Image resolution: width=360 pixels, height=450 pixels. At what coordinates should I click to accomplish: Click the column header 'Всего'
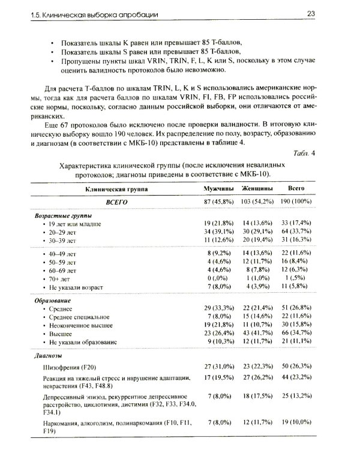pyautogui.click(x=295, y=188)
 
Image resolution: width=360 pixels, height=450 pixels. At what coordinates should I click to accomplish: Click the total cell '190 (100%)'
pyautogui.click(x=296, y=202)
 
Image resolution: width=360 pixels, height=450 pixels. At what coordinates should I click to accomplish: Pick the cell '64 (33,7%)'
pyautogui.click(x=296, y=230)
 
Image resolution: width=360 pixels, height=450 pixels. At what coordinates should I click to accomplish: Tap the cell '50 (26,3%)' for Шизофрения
pyautogui.click(x=296, y=366)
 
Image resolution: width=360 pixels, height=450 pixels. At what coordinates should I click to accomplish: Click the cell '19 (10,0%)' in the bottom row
pyautogui.click(x=296, y=424)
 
